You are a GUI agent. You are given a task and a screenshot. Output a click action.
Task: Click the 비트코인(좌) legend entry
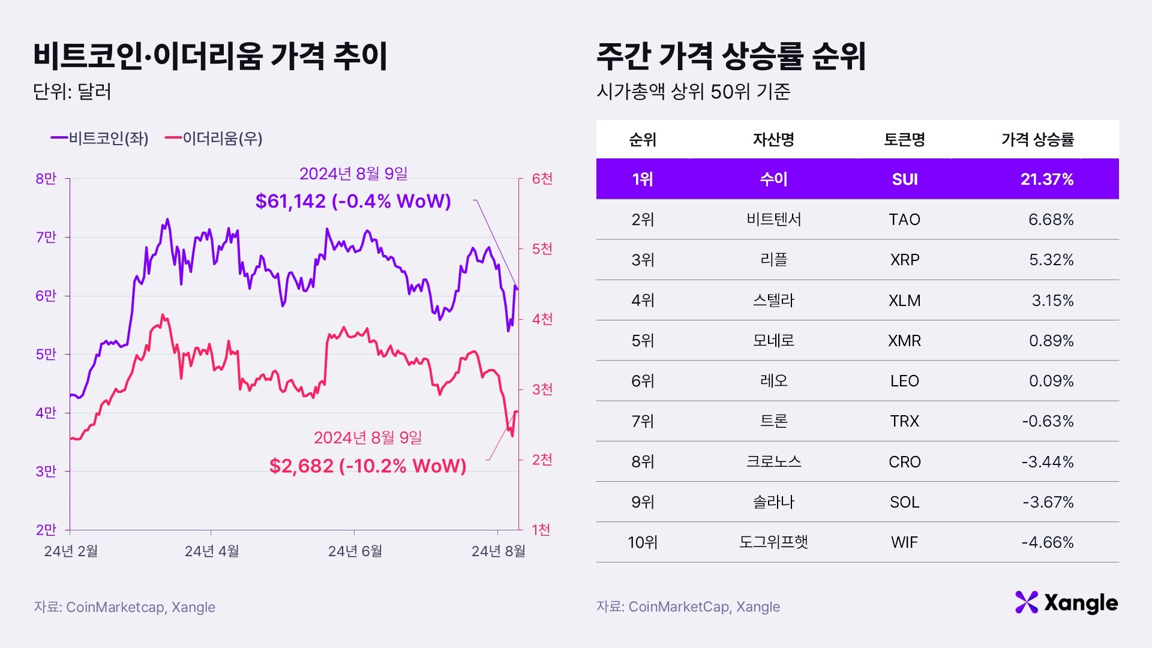click(100, 139)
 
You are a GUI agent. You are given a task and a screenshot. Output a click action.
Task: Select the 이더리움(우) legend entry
click(214, 139)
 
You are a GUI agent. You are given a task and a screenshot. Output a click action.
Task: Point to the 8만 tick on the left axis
click(46, 179)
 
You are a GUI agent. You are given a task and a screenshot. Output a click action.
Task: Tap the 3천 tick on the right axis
click(542, 389)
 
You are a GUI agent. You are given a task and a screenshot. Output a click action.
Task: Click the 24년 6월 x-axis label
click(355, 551)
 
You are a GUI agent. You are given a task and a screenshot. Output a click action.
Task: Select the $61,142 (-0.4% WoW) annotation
click(353, 201)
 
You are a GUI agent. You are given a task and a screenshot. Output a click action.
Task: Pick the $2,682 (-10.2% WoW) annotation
click(367, 466)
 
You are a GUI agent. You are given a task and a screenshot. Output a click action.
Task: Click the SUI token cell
click(904, 179)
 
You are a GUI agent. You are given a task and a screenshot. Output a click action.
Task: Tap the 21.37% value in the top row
click(1046, 179)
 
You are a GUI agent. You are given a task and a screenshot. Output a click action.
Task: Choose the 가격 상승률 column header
click(1037, 140)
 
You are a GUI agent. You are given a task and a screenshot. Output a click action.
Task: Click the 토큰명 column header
click(904, 140)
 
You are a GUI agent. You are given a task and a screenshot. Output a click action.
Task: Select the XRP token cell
click(904, 260)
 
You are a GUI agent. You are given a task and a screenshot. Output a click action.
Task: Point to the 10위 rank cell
click(643, 542)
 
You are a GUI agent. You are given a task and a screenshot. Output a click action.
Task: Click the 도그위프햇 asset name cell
click(773, 542)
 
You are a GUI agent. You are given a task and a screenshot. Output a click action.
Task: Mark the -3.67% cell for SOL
click(1048, 502)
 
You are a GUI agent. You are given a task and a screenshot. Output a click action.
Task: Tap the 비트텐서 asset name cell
click(773, 220)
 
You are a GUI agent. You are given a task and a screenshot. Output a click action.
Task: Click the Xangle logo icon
click(1026, 602)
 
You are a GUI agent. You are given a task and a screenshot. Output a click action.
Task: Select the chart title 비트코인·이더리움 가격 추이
click(211, 56)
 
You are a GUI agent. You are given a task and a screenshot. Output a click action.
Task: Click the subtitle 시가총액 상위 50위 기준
click(693, 92)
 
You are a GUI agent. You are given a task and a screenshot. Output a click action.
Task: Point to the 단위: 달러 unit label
click(72, 92)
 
